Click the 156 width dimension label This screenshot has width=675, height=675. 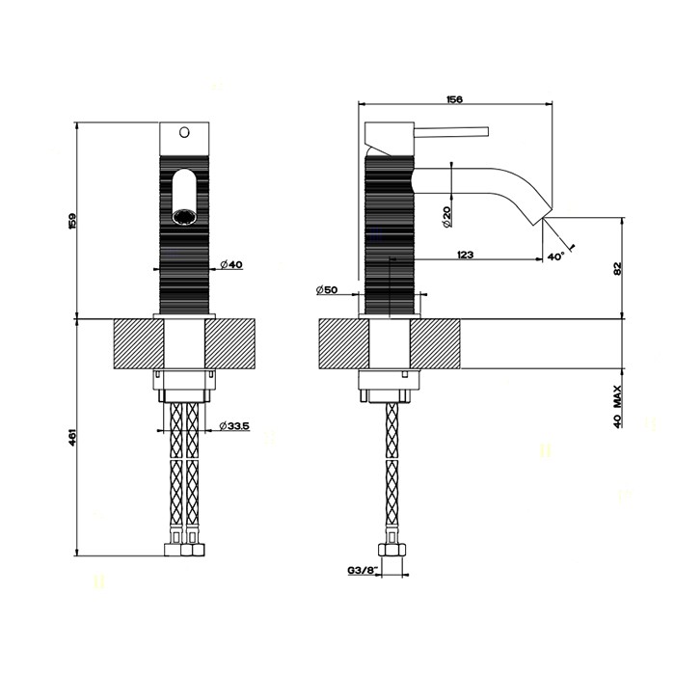click(454, 99)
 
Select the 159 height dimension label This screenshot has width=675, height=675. click(72, 221)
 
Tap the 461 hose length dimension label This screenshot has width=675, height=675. click(72, 437)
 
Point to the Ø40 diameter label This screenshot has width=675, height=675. click(231, 264)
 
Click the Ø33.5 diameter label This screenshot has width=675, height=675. click(233, 426)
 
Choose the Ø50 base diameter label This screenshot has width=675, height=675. click(327, 289)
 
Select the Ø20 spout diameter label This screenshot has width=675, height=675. click(445, 217)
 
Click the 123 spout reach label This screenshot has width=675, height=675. click(466, 255)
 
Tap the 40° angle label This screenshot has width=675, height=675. click(555, 256)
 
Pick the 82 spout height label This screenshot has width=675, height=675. click(618, 269)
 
